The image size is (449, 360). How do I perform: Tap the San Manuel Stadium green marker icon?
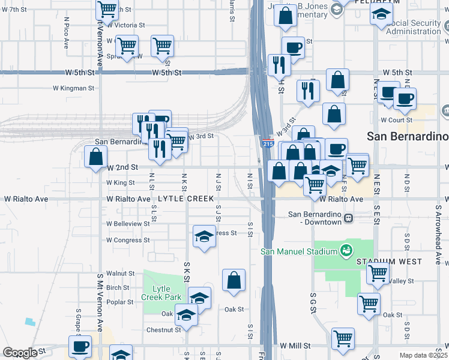pyautogui.click(x=346, y=250)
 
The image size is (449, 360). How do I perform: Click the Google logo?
pyautogui.click(x=19, y=353)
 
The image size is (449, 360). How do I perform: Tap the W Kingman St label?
pyautogui.click(x=73, y=88)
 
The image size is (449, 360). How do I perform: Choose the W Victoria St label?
pyautogui.click(x=125, y=25)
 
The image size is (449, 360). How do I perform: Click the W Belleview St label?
pyautogui.click(x=128, y=223)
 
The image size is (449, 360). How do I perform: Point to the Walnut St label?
pyautogui.click(x=120, y=273)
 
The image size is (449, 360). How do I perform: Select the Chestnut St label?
pyautogui.click(x=163, y=329)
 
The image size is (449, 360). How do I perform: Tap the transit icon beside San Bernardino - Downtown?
pyautogui.click(x=348, y=219)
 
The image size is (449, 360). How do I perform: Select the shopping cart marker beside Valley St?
pyautogui.click(x=378, y=274)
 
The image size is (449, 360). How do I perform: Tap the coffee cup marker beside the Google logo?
pyautogui.click(x=80, y=346)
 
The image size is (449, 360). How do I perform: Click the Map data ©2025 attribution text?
pyautogui.click(x=423, y=355)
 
